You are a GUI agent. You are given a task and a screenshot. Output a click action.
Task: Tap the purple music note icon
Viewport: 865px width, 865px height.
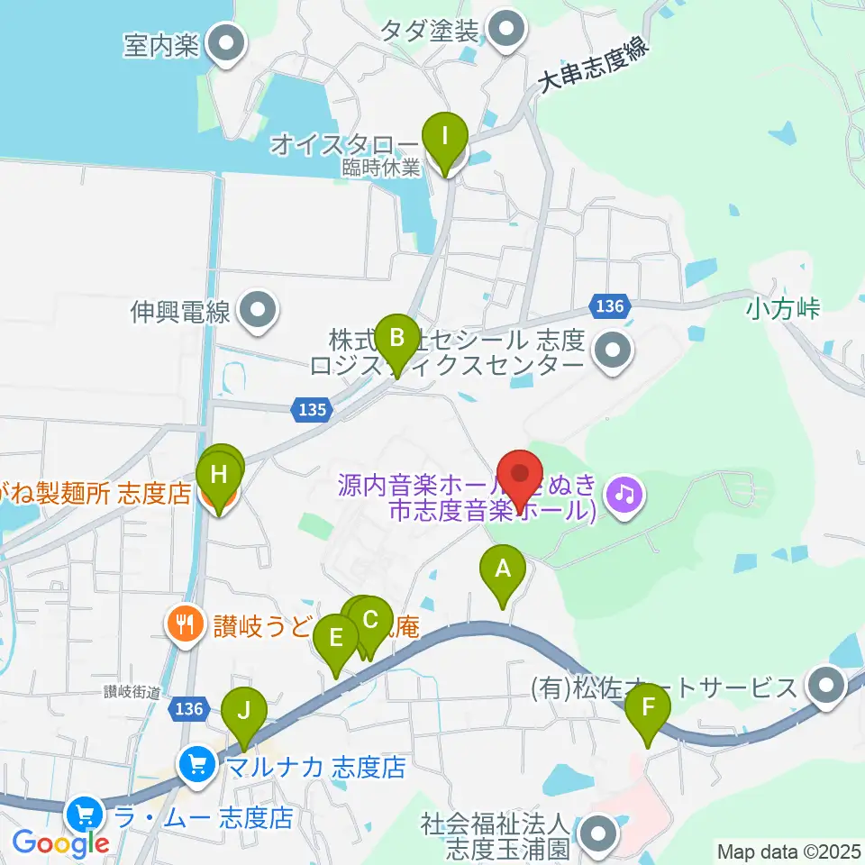click(622, 492)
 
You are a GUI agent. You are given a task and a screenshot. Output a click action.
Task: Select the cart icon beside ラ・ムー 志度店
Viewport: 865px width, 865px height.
click(86, 816)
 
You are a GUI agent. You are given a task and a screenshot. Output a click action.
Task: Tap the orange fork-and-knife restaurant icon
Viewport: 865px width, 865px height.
click(185, 624)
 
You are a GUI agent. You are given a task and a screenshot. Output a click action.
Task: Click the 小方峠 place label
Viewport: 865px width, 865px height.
click(783, 308)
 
